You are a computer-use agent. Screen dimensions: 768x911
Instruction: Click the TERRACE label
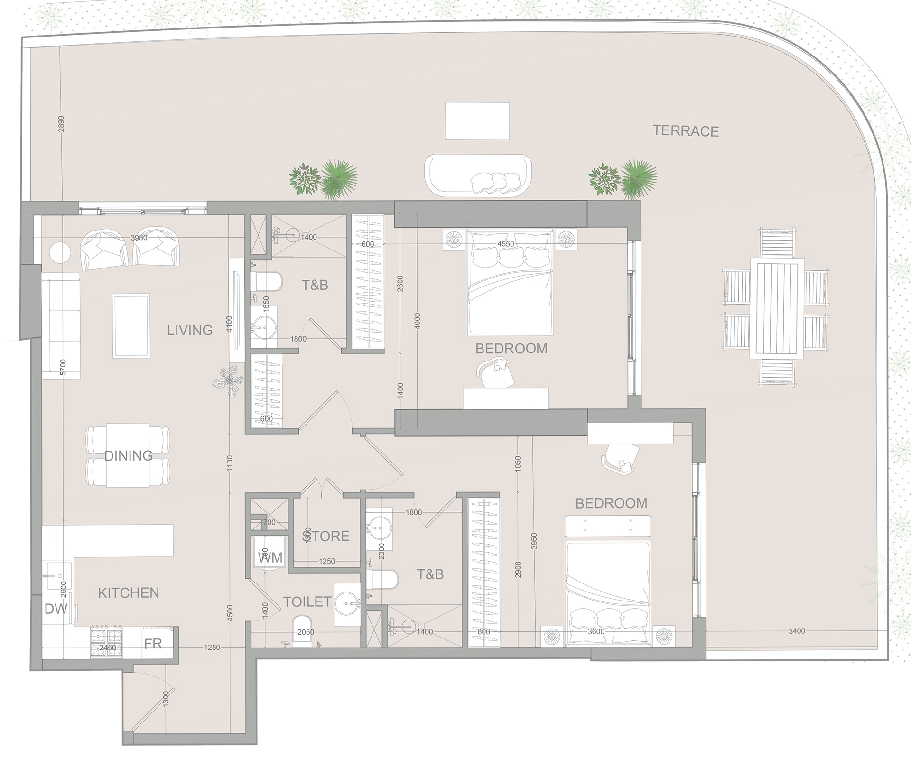pos(686,131)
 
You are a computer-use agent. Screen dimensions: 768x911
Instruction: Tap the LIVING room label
pos(190,330)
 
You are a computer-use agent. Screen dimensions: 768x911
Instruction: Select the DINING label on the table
pos(128,456)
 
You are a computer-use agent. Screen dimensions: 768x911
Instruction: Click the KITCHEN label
pos(129,592)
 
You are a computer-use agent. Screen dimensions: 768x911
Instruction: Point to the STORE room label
pos(326,536)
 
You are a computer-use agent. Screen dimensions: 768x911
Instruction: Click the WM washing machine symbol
pos(270,557)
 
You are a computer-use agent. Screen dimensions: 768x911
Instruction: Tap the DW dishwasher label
pos(56,609)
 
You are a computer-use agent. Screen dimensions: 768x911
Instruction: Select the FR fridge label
pos(153,643)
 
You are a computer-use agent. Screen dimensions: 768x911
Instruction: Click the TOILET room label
pos(307,601)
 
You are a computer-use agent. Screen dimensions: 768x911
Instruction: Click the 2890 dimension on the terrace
pos(61,124)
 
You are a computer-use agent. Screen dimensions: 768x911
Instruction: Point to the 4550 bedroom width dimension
pos(505,244)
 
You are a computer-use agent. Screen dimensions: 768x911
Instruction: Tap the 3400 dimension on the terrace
pos(797,631)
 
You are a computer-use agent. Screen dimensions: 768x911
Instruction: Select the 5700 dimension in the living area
pos(64,368)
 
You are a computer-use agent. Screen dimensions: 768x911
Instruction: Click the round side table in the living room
pos(60,252)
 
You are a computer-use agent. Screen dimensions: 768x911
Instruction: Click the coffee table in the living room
pos(131,325)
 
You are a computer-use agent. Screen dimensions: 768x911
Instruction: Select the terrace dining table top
pos(777,308)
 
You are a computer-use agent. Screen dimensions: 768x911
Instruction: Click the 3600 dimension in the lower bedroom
pos(596,631)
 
